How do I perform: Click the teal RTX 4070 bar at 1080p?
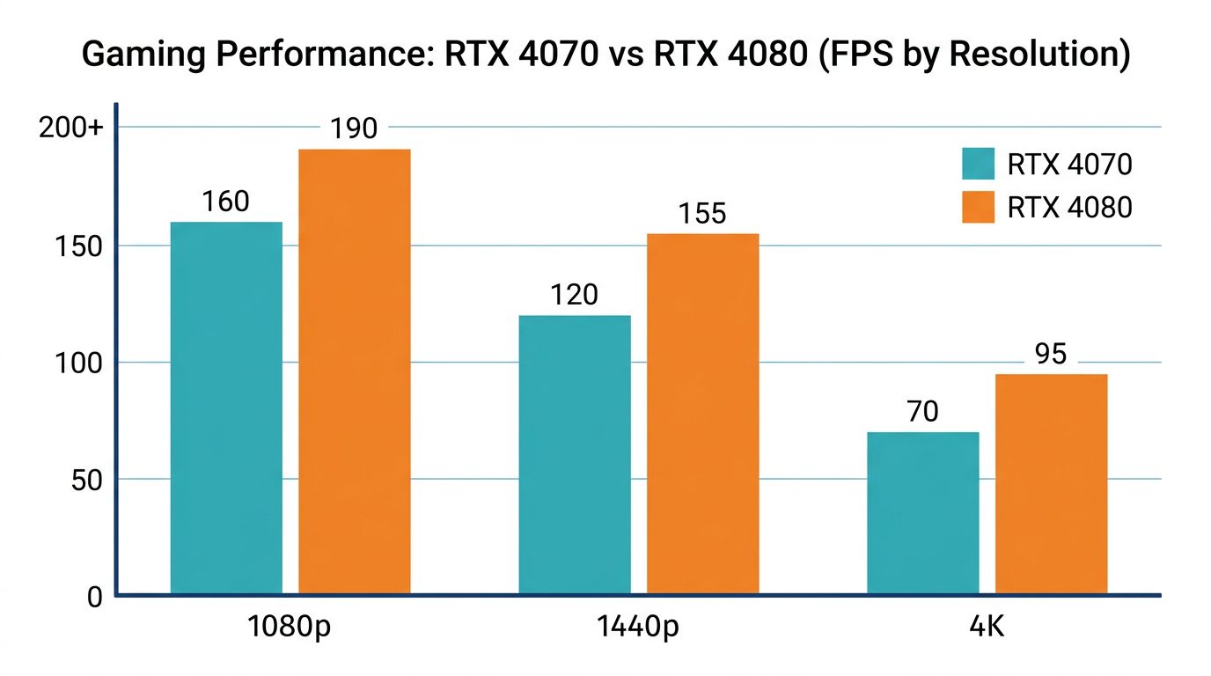(226, 408)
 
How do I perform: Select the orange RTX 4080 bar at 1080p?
(355, 372)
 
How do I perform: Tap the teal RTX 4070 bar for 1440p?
(575, 455)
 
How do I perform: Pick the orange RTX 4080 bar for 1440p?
(703, 415)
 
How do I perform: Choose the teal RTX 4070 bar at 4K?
(923, 513)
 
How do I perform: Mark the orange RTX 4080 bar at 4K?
(1052, 485)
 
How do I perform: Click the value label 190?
(354, 129)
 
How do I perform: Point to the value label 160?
(225, 202)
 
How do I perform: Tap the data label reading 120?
(574, 296)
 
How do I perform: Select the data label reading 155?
(702, 214)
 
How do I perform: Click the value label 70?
(922, 412)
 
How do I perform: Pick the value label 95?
(1051, 355)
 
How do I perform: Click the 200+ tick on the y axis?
(70, 129)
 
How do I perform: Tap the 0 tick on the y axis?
(95, 598)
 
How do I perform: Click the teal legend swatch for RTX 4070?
(978, 165)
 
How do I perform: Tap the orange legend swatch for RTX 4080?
(978, 208)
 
